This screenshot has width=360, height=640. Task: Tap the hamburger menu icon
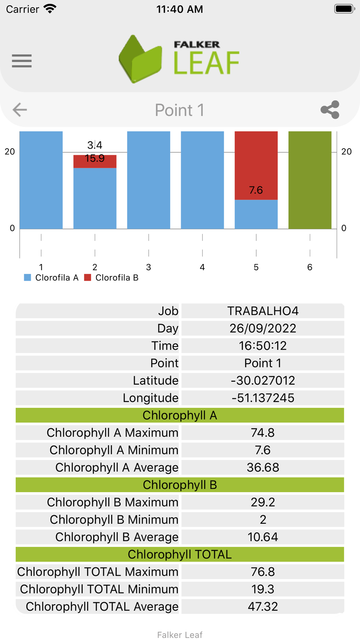[x=22, y=61]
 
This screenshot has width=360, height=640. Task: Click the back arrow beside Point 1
[x=20, y=109]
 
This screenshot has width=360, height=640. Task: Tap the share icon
[x=330, y=109]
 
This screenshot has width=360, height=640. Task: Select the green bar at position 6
[x=310, y=180]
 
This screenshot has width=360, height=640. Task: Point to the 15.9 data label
[x=95, y=158]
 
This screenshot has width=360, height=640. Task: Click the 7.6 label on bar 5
[x=256, y=190]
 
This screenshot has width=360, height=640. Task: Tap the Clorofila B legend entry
[x=111, y=278]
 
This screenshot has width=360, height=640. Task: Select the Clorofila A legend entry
[x=51, y=278]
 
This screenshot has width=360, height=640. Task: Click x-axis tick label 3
[x=148, y=267]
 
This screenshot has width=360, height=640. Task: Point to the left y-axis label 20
[x=10, y=152]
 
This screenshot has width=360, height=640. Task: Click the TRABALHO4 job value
[x=263, y=311]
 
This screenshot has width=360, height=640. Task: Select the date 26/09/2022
[x=263, y=328]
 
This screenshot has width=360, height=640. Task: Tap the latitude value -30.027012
[x=263, y=380]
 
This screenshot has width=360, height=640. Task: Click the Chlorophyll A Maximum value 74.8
[x=263, y=433]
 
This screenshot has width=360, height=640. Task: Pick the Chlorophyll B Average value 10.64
[x=263, y=537]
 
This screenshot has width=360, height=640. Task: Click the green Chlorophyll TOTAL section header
[x=180, y=554]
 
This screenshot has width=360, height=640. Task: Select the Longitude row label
[x=150, y=398]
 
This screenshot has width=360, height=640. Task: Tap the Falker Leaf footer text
[x=180, y=635]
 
